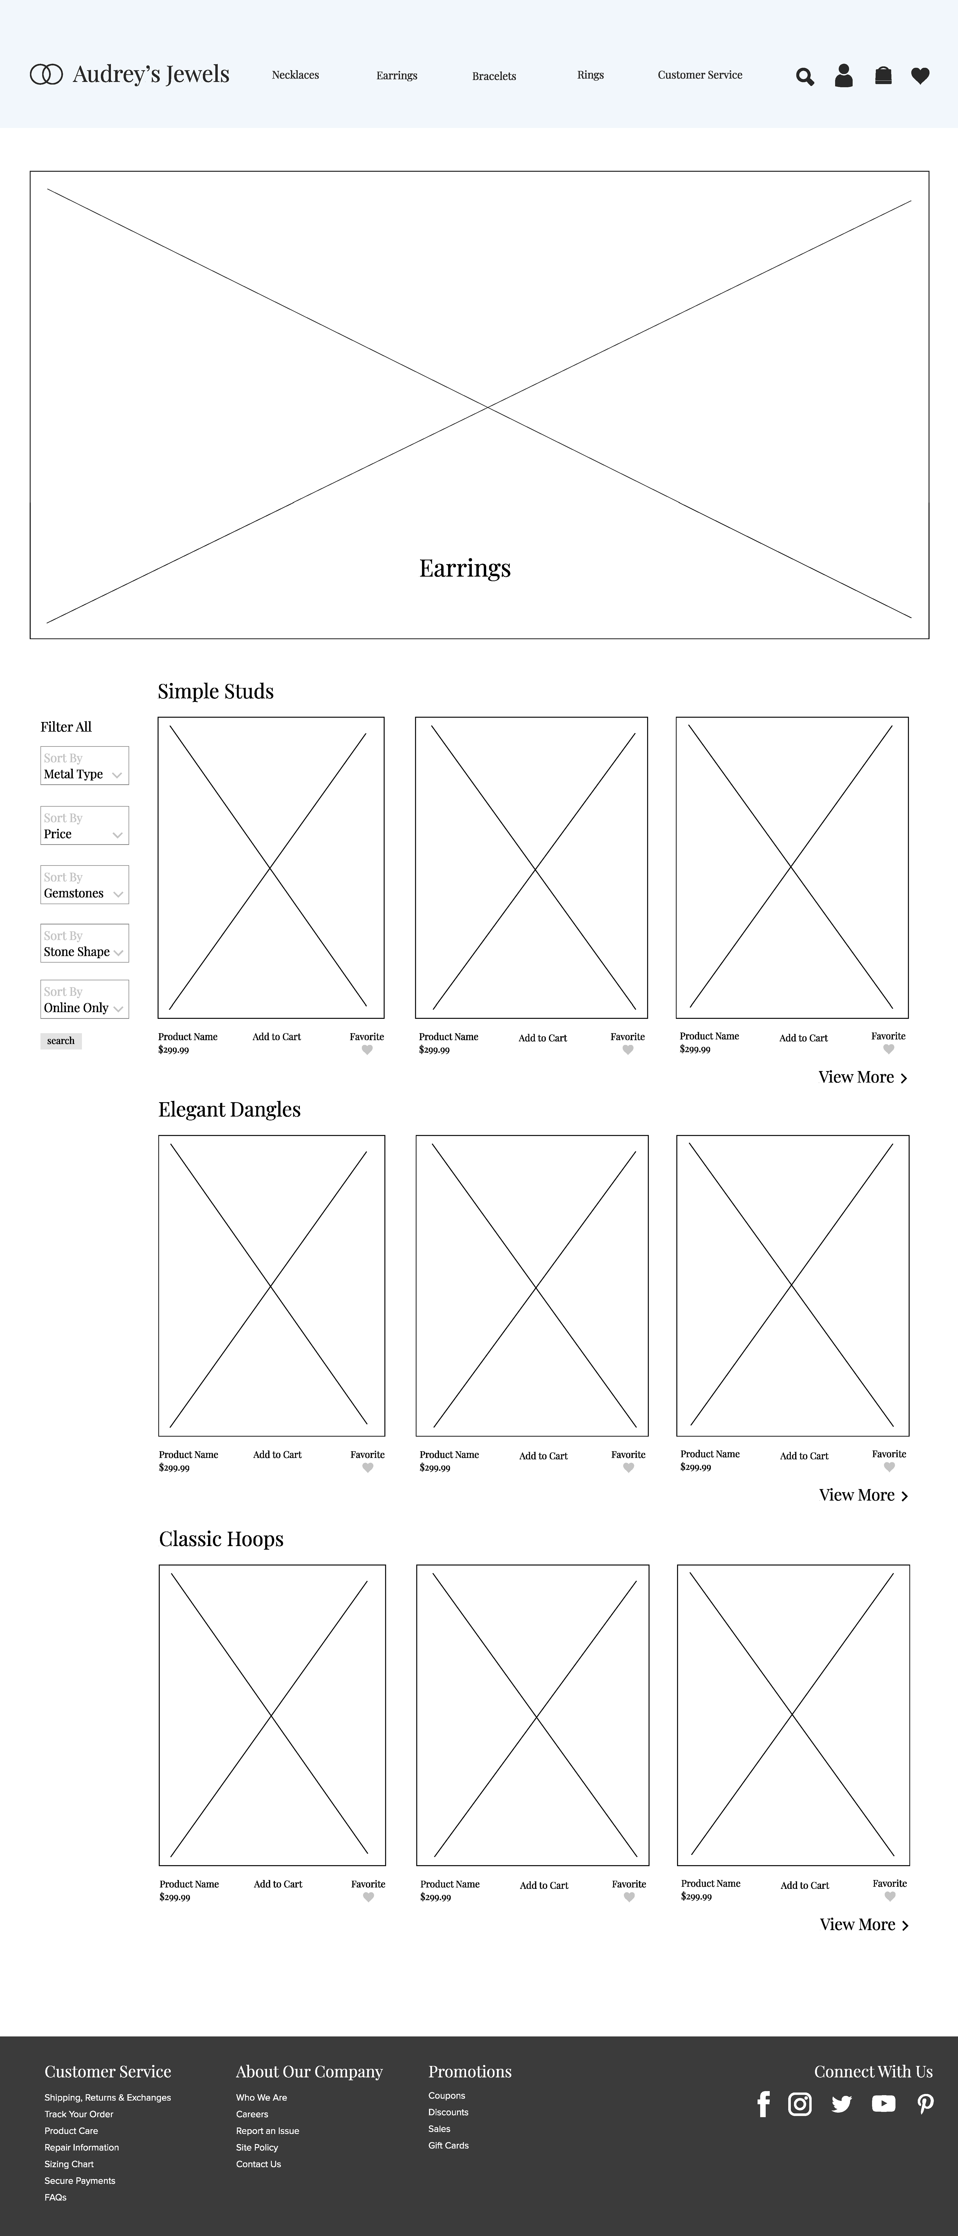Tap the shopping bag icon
click(x=882, y=76)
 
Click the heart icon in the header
click(x=920, y=76)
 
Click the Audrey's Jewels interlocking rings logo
click(x=46, y=75)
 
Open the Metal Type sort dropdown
click(x=84, y=766)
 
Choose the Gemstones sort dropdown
click(x=84, y=885)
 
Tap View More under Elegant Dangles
click(x=862, y=1495)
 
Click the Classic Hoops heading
click(x=221, y=1539)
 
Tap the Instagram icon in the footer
click(x=799, y=2104)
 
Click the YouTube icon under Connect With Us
click(x=883, y=2104)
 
